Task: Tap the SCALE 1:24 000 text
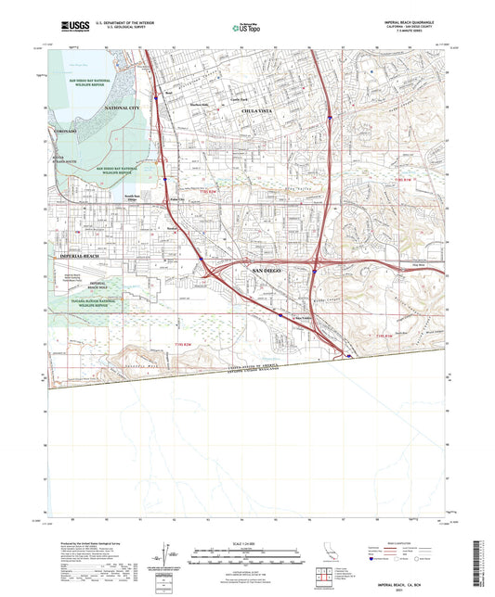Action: pos(247,541)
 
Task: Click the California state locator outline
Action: pos(326,561)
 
